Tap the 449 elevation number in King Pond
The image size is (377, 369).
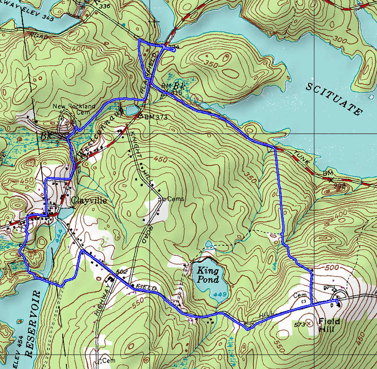click(x=218, y=294)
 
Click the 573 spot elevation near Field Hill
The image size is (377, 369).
click(x=300, y=325)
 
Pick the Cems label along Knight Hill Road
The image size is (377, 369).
click(x=164, y=199)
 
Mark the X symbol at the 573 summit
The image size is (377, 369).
click(x=309, y=325)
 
